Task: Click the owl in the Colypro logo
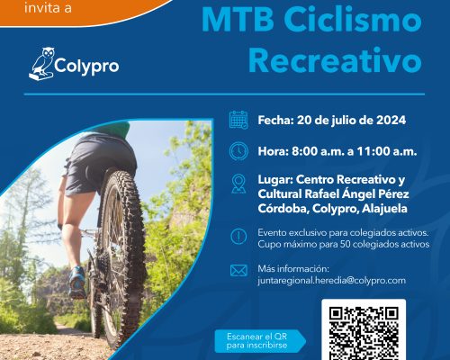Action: click(42, 64)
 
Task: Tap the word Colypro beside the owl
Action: click(86, 67)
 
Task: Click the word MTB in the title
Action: click(238, 20)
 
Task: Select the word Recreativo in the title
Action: click(336, 60)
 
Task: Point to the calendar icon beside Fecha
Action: click(238, 120)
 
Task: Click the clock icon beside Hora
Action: click(238, 151)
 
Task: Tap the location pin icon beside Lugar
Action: click(238, 184)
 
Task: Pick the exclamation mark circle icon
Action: click(238, 236)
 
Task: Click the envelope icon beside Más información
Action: click(238, 271)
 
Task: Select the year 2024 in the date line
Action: click(391, 121)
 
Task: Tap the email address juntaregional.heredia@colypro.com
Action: click(331, 281)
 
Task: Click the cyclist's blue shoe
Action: click(76, 283)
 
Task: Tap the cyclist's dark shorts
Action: click(99, 164)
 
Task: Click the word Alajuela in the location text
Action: click(384, 209)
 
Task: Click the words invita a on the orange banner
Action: click(48, 8)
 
